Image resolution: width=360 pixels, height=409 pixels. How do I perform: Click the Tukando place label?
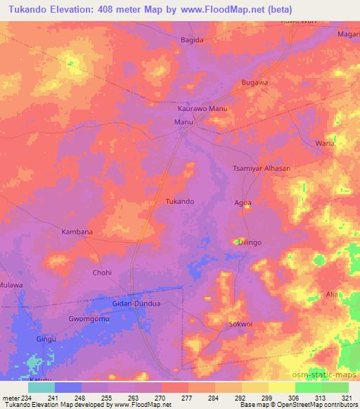[179, 201]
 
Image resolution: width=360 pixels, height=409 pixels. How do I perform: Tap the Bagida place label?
[192, 40]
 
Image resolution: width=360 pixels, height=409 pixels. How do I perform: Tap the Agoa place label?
[243, 202]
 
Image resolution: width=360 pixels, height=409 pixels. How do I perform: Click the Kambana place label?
[77, 231]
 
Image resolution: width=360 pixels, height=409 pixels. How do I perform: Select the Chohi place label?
[102, 272]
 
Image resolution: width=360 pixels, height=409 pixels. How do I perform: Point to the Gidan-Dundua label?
[137, 303]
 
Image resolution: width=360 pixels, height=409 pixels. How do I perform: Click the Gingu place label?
[46, 338]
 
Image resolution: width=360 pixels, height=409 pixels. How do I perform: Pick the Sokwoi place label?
[240, 324]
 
